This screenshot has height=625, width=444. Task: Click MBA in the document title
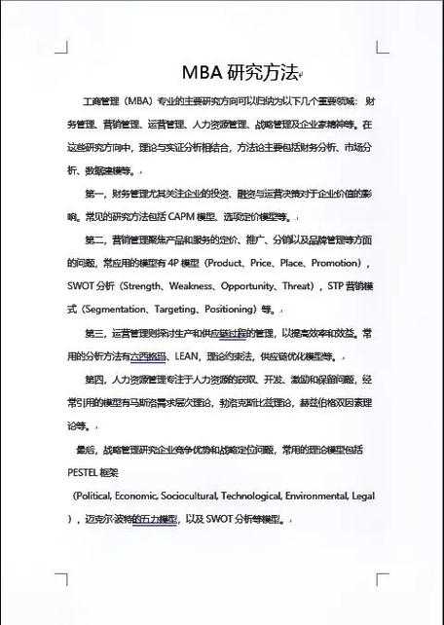203,73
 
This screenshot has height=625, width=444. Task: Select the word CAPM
196,216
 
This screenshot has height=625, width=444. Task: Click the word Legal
363,496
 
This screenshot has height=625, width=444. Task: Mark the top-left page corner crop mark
62,46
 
